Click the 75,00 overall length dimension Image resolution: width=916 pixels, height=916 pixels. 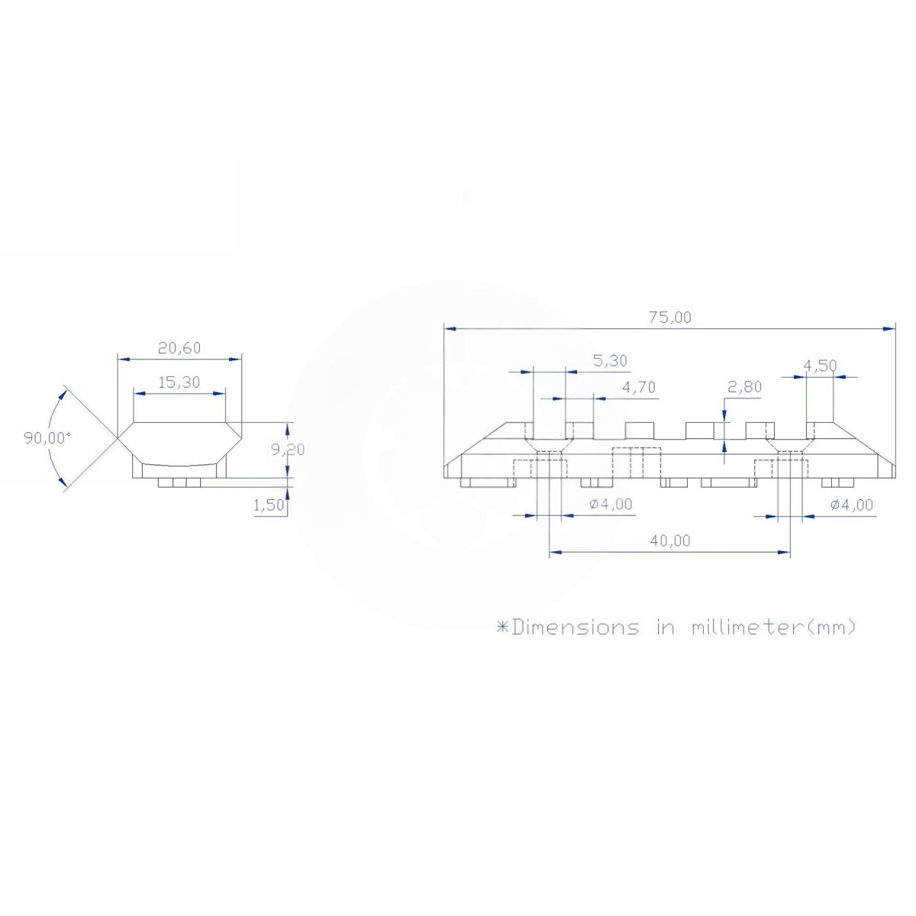point(669,317)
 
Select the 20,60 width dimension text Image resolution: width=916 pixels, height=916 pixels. point(179,348)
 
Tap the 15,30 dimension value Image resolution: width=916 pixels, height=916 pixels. point(179,382)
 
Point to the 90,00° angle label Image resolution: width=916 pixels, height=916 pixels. point(47,438)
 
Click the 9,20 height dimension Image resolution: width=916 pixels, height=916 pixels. point(288,449)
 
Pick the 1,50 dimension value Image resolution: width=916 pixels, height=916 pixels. point(269,505)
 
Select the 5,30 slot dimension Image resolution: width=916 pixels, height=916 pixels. point(611,361)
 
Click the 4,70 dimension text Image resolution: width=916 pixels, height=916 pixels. point(639,388)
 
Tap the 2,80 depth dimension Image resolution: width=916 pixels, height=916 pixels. point(744,387)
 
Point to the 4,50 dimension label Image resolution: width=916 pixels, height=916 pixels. point(820,366)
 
